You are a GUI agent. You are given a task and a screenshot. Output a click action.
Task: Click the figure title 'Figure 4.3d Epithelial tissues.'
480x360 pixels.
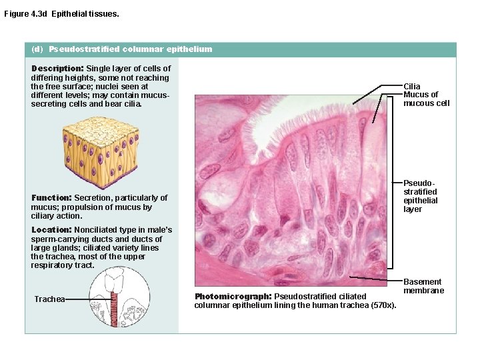61,13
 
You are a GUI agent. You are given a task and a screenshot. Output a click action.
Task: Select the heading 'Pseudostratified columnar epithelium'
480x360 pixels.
131,49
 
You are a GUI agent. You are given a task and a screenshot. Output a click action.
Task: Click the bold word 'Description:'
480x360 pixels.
57,68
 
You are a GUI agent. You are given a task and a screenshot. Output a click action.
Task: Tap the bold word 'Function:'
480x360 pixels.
51,197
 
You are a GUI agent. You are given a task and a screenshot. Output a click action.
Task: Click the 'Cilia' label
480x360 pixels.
412,87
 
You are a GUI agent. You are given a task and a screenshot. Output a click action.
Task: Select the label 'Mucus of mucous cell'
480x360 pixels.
426,99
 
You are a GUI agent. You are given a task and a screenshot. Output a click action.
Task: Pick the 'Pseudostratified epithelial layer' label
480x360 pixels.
421,195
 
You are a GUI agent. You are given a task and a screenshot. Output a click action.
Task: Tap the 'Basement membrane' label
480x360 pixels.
423,286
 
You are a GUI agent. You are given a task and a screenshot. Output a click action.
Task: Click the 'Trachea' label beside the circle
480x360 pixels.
49,299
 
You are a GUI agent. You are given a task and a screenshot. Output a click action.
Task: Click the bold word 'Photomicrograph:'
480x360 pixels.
233,296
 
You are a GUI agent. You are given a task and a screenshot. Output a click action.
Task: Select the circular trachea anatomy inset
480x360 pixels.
117,298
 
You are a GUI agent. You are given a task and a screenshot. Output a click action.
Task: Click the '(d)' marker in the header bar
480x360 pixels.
37,49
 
